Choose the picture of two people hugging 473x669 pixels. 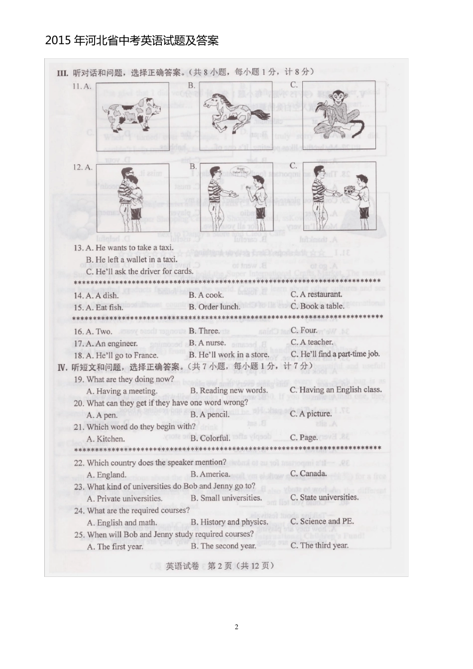coord(132,197)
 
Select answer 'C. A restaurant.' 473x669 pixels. coord(316,294)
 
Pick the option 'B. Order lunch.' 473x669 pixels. coord(214,307)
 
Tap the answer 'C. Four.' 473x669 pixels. coord(304,330)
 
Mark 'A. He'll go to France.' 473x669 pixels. coord(122,355)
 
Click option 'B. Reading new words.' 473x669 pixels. coord(229,391)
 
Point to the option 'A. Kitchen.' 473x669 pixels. coord(106,439)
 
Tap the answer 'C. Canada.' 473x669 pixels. coord(309,473)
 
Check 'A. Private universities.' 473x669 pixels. coord(124,498)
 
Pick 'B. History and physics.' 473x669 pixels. coord(229,522)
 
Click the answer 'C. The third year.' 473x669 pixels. coord(319,545)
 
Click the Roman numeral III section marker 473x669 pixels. coord(62,73)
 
